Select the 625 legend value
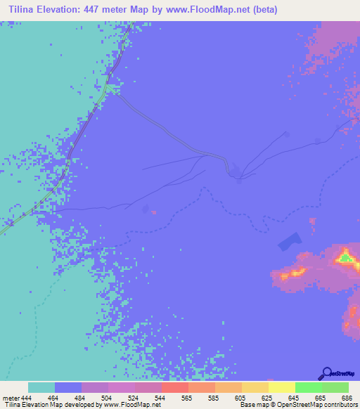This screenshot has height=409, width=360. tap(268, 397)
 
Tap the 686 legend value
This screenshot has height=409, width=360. tap(347, 397)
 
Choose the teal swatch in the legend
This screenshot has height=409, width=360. tap(41, 387)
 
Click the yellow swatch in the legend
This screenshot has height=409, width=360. tap(281, 387)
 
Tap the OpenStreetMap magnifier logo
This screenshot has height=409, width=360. tap(326, 373)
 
